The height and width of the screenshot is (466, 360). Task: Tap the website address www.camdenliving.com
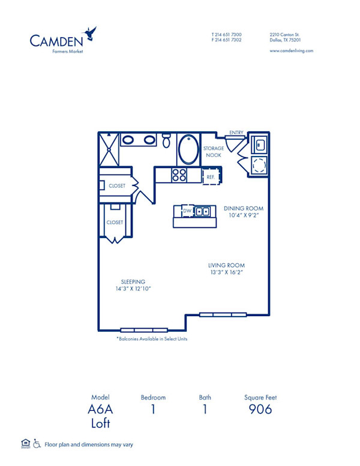pyautogui.click(x=292, y=51)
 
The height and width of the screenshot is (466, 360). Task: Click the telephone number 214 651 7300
pyautogui.click(x=229, y=35)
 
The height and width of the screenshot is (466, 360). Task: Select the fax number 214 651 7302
pyautogui.click(x=229, y=40)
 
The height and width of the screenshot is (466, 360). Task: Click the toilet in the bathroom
pyautogui.click(x=167, y=141)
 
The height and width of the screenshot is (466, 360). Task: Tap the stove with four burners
pyautogui.click(x=179, y=175)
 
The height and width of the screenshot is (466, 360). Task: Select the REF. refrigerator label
pyautogui.click(x=211, y=177)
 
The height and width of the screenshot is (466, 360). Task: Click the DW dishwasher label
pyautogui.click(x=187, y=211)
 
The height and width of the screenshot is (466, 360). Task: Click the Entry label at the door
pyautogui.click(x=235, y=133)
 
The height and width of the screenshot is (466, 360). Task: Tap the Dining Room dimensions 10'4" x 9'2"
pyautogui.click(x=244, y=216)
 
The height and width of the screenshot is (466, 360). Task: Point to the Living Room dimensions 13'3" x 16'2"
pyautogui.click(x=226, y=272)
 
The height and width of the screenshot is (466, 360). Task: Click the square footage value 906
pyautogui.click(x=260, y=410)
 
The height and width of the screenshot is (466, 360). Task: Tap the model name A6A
pyautogui.click(x=100, y=410)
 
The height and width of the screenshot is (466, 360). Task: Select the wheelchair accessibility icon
pyautogui.click(x=37, y=444)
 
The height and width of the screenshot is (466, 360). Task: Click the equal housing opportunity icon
pyautogui.click(x=25, y=444)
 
